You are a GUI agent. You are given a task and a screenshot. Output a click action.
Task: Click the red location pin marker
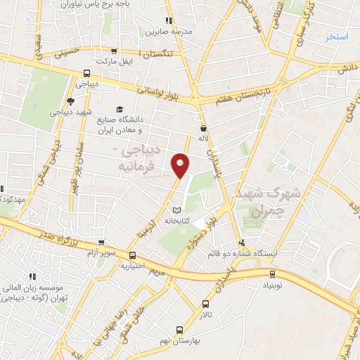[181, 165]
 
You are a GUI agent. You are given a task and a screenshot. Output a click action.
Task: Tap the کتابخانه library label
[178, 221]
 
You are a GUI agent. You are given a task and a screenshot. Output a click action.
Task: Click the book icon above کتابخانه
[177, 210]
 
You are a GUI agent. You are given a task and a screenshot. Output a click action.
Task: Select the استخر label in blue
[336, 37]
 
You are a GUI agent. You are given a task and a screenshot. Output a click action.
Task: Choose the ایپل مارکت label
[117, 62]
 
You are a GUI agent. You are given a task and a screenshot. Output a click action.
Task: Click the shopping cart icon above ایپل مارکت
[115, 51]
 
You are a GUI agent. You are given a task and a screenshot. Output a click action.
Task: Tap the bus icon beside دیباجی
[86, 72]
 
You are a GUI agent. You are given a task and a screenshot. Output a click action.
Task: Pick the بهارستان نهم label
[180, 340]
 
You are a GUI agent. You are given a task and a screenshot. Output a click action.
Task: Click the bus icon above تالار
[205, 304]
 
